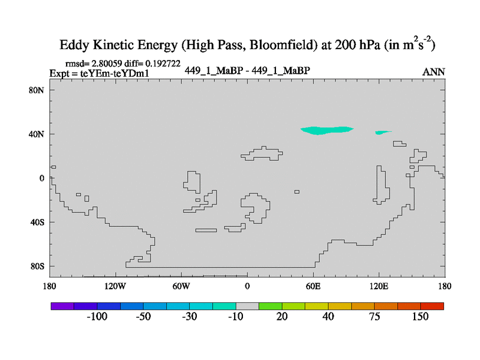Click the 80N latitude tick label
pos(38,90)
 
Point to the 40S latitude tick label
pos(38,222)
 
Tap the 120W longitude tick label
pos(115,286)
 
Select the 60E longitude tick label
pos(313,286)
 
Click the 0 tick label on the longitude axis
pos(247,286)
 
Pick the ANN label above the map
pos(434,72)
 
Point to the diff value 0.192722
pos(160,63)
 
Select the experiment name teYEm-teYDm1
pos(114,73)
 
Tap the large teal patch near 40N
pos(326,130)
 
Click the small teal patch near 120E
pos(382,132)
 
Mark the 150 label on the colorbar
pos(420,317)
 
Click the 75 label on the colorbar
pos(374,317)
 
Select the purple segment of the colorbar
pos(62,306)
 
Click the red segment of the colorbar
pos(432,306)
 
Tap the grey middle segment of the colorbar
pos(247,306)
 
